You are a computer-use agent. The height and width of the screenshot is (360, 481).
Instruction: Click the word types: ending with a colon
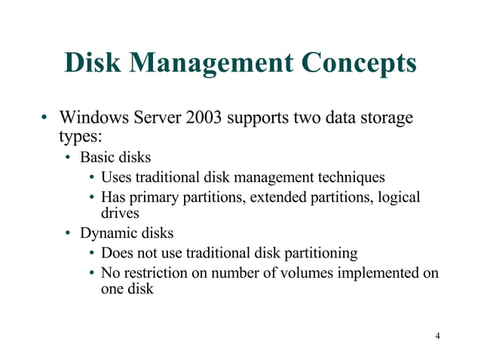pyautogui.click(x=79, y=138)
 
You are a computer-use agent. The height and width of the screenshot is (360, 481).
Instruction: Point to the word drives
pyautogui.click(x=120, y=213)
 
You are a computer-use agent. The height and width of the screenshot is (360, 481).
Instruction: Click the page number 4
pyautogui.click(x=437, y=335)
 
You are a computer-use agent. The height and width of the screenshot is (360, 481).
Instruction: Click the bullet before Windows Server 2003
pyautogui.click(x=44, y=119)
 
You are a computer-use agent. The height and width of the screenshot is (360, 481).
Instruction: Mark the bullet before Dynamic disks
pyautogui.click(x=68, y=233)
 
